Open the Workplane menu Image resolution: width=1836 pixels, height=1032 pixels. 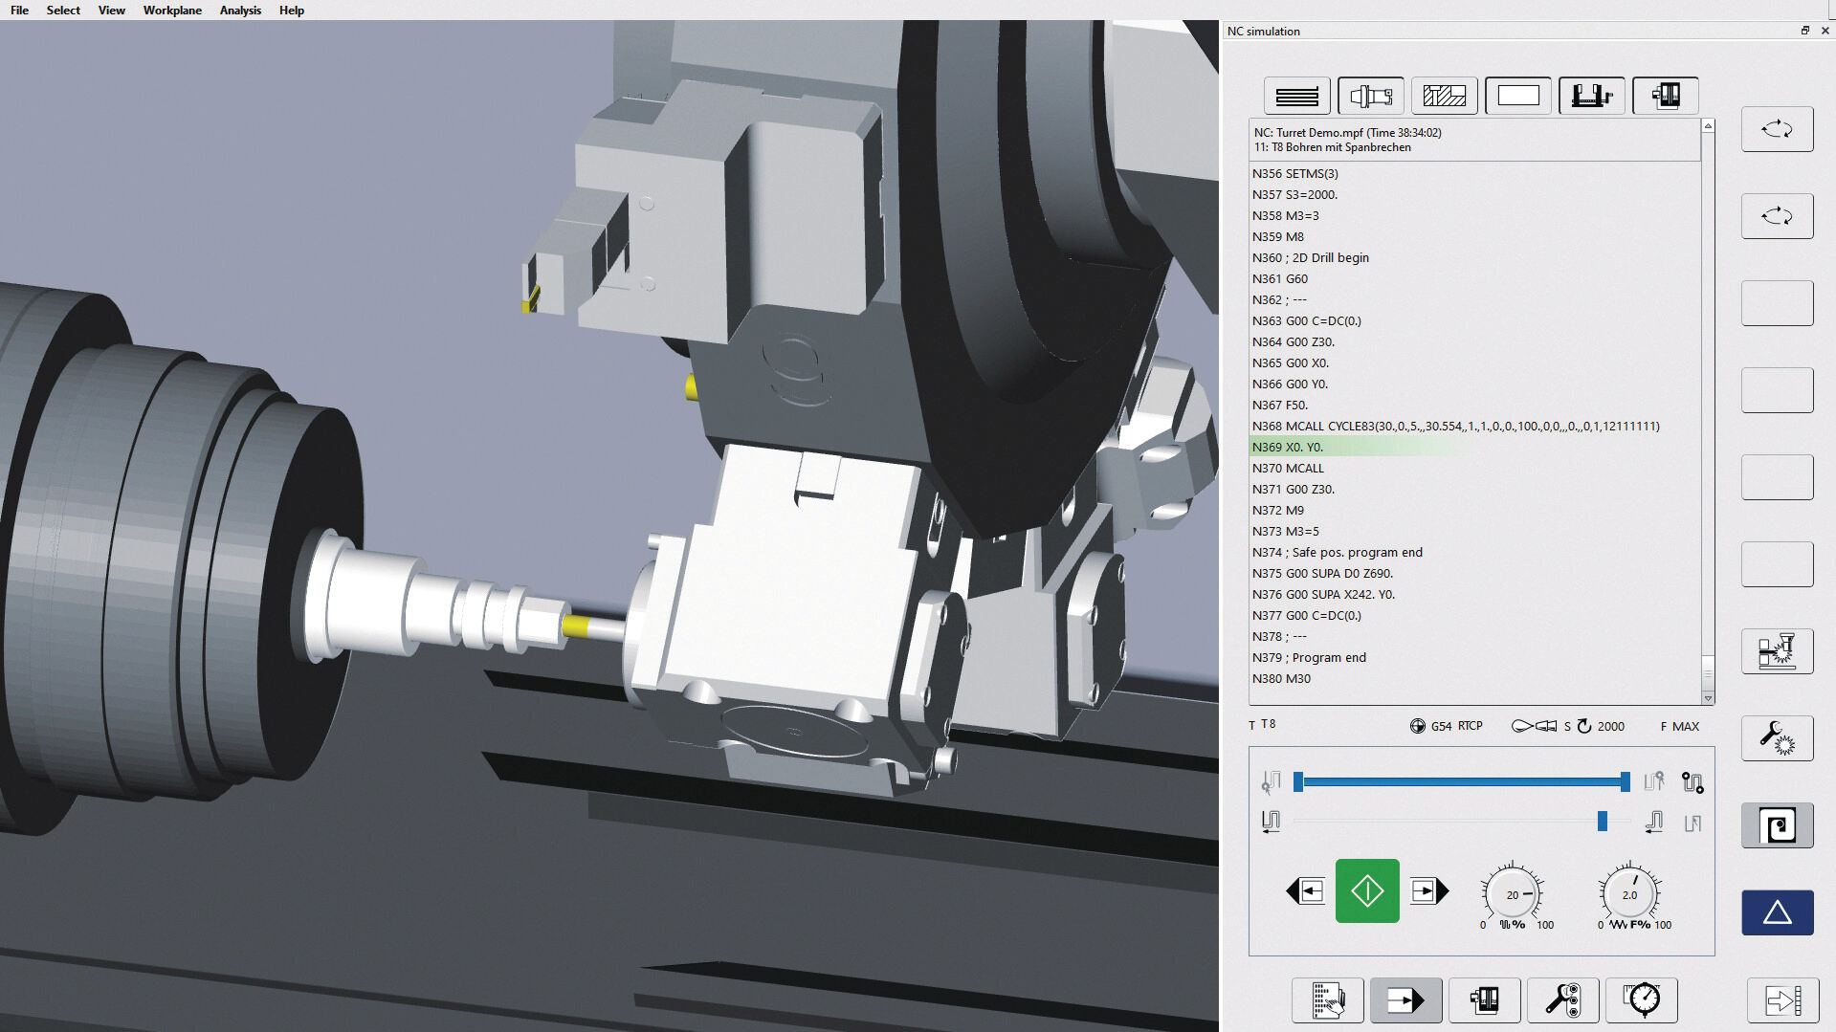172,11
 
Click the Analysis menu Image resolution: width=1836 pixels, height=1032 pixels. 240,11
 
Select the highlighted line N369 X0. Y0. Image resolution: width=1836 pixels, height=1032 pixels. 1287,447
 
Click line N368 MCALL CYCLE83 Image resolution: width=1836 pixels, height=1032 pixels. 1454,426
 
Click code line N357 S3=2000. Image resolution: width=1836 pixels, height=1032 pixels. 1294,194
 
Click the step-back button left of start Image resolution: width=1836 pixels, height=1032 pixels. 1306,891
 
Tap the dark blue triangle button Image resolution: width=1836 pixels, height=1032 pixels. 1777,912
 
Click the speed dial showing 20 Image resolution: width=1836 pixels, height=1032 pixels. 1512,894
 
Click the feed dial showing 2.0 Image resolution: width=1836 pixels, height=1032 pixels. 1629,894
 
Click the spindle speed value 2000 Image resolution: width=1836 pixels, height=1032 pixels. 1610,726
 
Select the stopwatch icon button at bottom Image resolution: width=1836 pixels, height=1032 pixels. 1642,1000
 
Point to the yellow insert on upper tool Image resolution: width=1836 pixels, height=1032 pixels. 529,299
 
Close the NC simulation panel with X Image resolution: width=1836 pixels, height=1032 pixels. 1825,31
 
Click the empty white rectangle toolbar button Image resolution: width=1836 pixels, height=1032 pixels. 1518,96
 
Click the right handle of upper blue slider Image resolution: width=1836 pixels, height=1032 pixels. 1625,781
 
